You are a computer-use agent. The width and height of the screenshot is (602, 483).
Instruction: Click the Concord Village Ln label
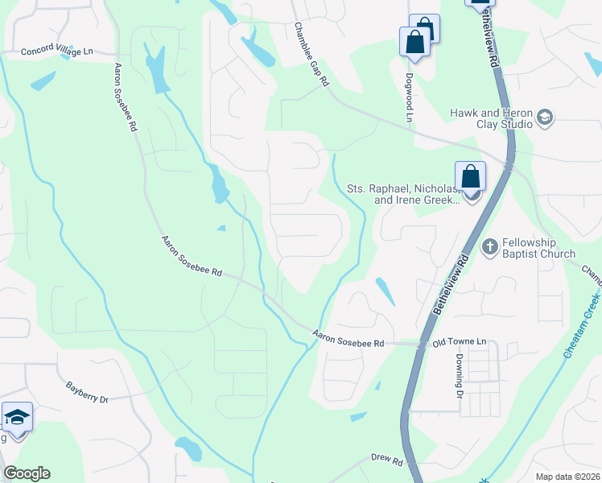coord(57,52)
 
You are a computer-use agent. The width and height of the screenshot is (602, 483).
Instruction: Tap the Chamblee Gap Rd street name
coord(311,55)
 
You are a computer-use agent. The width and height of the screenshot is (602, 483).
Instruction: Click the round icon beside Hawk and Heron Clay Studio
coord(545,119)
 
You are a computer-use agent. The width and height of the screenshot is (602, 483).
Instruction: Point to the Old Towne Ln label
coord(460,342)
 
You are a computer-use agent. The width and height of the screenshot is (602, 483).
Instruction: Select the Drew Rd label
coord(386,460)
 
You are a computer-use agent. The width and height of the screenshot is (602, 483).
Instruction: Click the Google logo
coord(27,473)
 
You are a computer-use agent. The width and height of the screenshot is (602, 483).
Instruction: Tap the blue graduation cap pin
coord(17,418)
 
